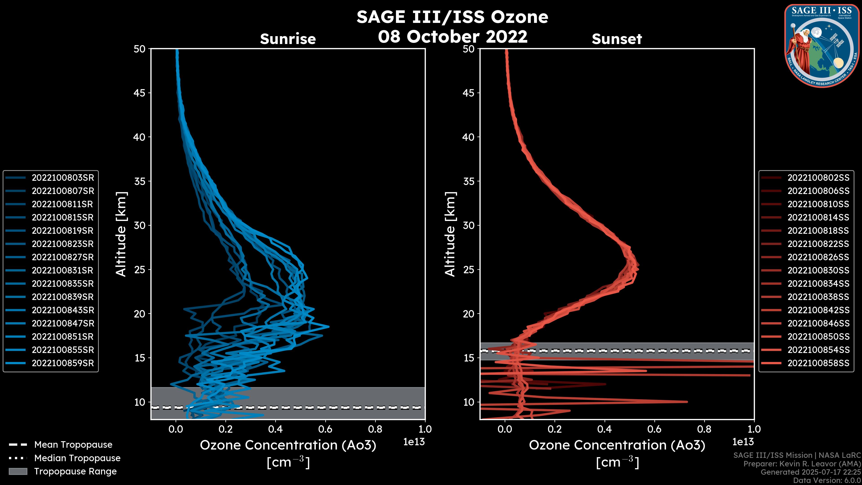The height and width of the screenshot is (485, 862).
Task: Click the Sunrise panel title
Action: (288, 39)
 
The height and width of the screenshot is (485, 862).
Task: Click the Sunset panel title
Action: (617, 39)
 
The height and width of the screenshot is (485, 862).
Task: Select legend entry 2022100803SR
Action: (63, 178)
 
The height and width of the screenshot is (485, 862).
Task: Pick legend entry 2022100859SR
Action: (63, 363)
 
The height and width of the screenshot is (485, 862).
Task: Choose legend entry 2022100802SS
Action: (818, 178)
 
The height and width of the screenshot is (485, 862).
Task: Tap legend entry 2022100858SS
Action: (818, 363)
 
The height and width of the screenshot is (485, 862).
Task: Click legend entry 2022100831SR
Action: (63, 270)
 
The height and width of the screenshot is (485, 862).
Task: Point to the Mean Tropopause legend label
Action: (73, 445)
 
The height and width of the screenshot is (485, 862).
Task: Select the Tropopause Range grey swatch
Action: (18, 471)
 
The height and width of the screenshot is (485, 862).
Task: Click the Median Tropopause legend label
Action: (77, 458)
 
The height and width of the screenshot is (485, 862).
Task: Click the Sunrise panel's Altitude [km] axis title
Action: (121, 234)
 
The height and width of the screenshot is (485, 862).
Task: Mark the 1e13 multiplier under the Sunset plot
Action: (743, 442)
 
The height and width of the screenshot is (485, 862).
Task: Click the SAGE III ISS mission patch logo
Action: (822, 46)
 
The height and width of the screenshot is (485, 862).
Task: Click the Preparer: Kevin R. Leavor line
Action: (802, 464)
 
